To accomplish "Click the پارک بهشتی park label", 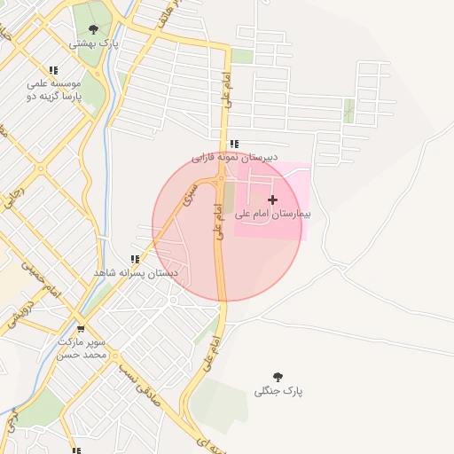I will point(94,43).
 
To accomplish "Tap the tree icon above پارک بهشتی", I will point(93,29).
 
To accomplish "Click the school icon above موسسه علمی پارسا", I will point(53,70).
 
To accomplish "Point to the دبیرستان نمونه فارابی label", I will point(235,157).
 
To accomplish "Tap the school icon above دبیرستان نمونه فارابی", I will point(233,144).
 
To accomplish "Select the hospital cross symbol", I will point(272,200).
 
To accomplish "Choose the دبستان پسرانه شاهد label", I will point(136,273).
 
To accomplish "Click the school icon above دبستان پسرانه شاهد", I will point(135,259).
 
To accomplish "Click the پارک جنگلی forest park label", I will point(278,391).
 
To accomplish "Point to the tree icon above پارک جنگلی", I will point(278,377).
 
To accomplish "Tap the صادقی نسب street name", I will point(142,384).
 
